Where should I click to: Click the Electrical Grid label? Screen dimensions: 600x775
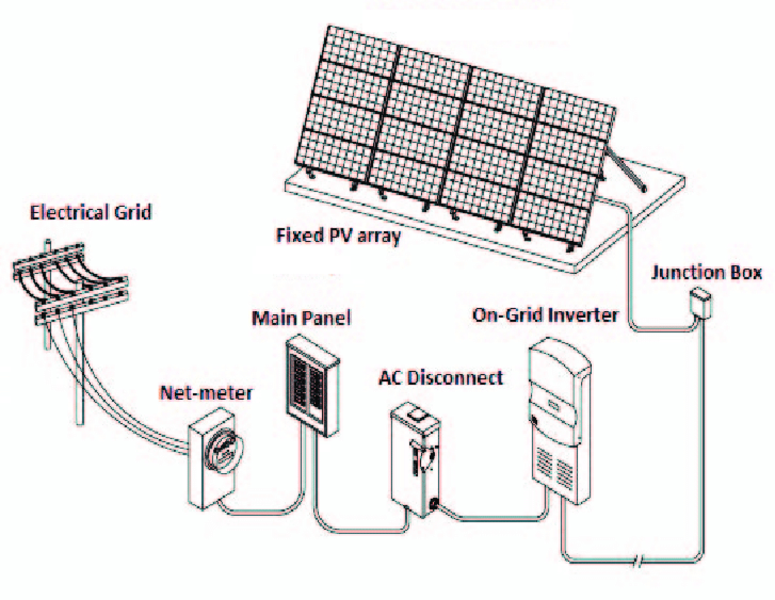tap(91, 212)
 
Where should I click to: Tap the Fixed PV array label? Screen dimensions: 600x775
tap(338, 236)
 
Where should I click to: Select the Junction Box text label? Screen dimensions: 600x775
tap(706, 273)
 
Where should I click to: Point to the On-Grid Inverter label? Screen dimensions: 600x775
tap(545, 315)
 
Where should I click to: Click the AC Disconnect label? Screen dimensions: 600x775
tap(441, 378)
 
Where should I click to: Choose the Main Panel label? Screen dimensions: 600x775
tap(301, 318)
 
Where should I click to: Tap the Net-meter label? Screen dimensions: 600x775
tap(206, 393)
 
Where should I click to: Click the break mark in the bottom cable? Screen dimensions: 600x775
tap(638, 562)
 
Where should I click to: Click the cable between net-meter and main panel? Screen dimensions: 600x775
tap(263, 512)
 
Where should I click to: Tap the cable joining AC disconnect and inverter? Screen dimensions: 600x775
tap(497, 518)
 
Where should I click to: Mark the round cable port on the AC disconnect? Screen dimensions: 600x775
tap(434, 503)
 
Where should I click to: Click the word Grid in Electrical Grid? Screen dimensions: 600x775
tap(133, 212)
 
